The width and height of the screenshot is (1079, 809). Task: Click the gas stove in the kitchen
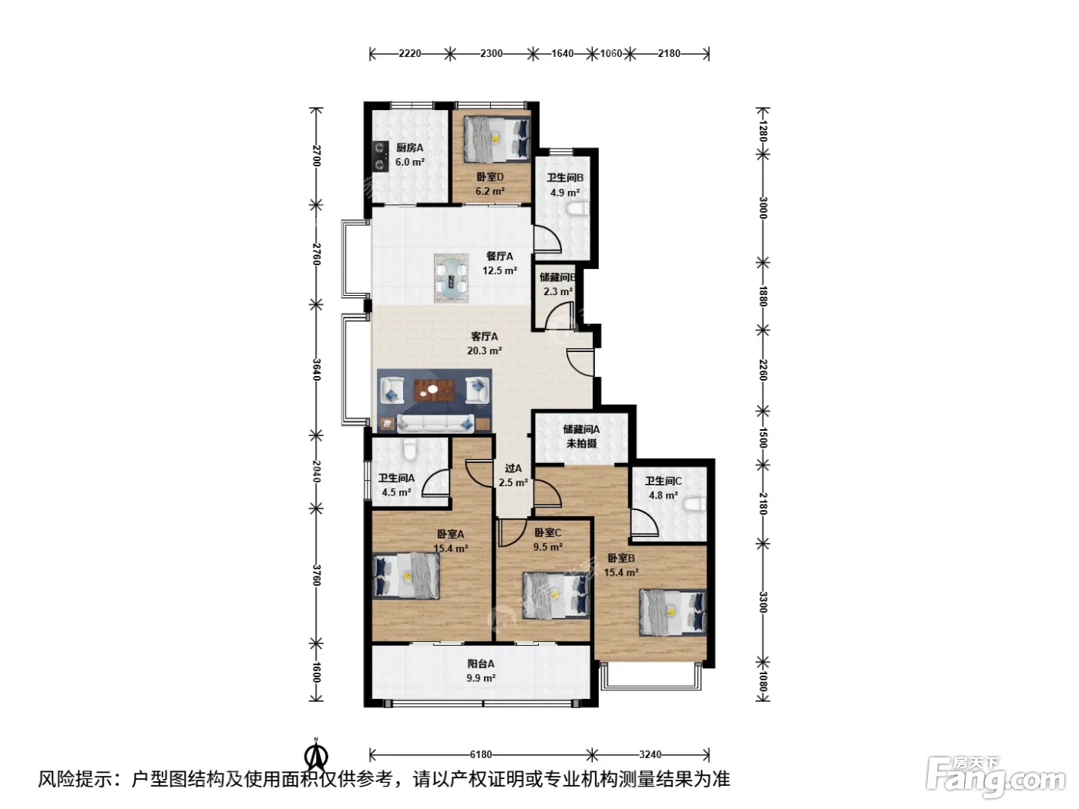(x=380, y=156)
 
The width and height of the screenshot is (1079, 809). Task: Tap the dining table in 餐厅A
(x=452, y=278)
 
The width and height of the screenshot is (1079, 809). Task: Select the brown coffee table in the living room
(x=434, y=391)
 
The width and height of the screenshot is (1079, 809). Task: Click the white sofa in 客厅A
(x=435, y=424)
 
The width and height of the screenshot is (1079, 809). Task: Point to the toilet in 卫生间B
(x=579, y=210)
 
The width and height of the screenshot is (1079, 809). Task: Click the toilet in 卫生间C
(x=697, y=503)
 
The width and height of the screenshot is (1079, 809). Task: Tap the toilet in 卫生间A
(x=409, y=449)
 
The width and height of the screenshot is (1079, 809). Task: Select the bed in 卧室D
(x=497, y=139)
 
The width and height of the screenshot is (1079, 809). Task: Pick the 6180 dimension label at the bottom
(x=480, y=754)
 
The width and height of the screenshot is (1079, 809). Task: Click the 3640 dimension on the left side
(x=317, y=369)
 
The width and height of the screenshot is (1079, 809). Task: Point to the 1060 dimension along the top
(x=611, y=53)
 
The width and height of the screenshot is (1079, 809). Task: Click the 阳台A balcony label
(x=481, y=664)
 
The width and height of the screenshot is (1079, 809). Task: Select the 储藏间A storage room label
(x=582, y=429)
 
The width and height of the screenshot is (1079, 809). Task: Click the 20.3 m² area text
(x=485, y=351)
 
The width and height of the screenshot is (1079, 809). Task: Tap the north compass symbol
(x=317, y=756)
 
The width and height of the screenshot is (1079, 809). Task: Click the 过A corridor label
(x=513, y=468)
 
